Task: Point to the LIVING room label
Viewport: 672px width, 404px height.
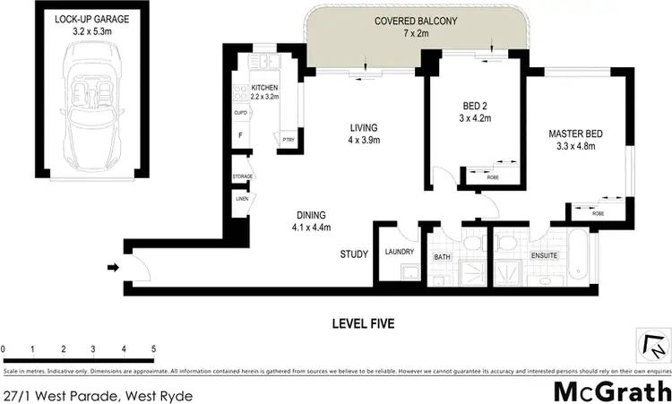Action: click(x=363, y=127)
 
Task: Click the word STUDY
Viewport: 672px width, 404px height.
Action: click(x=354, y=254)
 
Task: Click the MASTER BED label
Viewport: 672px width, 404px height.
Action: click(x=575, y=134)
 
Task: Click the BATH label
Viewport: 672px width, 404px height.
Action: click(x=442, y=257)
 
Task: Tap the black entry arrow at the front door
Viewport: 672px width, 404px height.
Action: click(x=111, y=266)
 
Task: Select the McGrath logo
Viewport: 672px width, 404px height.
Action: click(x=611, y=392)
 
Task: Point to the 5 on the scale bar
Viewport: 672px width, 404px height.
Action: click(x=154, y=348)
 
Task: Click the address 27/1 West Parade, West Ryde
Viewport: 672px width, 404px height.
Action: click(x=97, y=394)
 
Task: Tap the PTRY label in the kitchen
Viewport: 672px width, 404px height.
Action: click(x=289, y=140)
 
